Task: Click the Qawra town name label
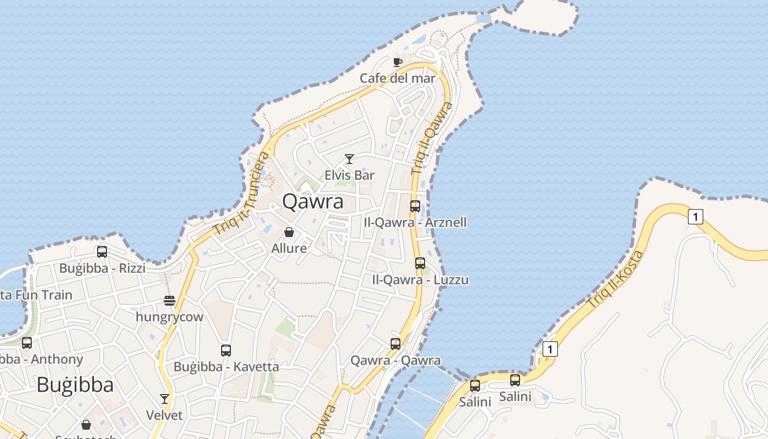point(313,201)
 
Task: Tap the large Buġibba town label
point(75,385)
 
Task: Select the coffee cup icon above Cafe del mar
point(398,62)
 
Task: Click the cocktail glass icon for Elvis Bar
point(349,159)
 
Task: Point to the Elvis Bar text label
point(349,175)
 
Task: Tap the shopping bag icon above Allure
point(289,232)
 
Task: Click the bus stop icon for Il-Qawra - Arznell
point(415,206)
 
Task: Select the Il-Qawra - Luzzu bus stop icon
point(420,263)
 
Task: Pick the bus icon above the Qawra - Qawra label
point(396,344)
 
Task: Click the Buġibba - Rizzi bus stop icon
point(102,252)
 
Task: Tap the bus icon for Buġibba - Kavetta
point(226,350)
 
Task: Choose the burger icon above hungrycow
point(170,301)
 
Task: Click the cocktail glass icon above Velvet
point(164,398)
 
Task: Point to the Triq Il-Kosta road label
point(615,278)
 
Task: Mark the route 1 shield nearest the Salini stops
point(550,348)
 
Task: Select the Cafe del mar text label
point(398,78)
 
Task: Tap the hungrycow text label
point(170,317)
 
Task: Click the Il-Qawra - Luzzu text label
point(421,280)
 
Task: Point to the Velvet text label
point(164,415)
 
